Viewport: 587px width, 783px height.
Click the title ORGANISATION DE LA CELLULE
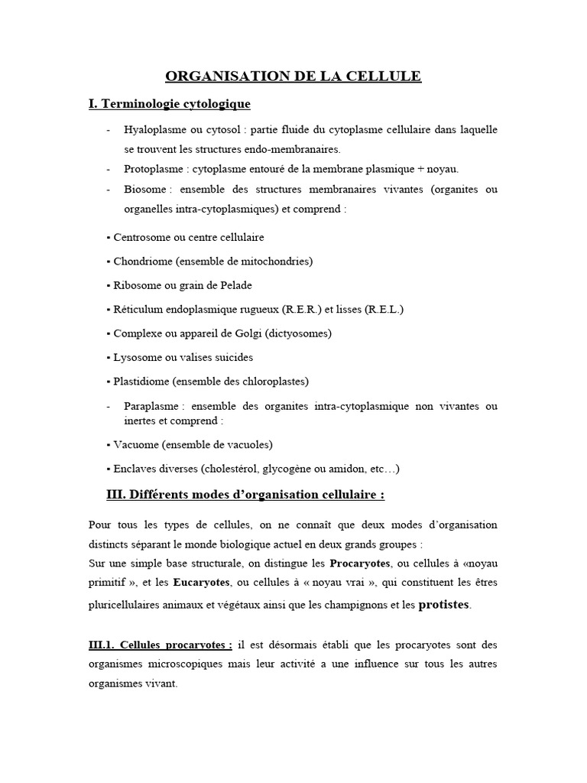click(293, 76)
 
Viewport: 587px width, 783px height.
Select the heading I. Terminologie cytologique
click(170, 103)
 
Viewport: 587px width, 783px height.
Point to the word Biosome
click(145, 189)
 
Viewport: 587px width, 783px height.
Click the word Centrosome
click(144, 237)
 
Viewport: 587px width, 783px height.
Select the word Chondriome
click(143, 262)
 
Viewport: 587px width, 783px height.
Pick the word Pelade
click(234, 285)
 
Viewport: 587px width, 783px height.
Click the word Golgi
click(246, 333)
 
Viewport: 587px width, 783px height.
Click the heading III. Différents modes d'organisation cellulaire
click(245, 495)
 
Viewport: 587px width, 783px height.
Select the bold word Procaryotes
click(361, 564)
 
